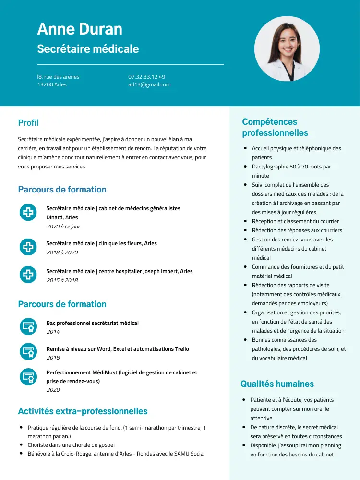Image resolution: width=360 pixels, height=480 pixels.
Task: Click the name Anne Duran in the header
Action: (x=80, y=29)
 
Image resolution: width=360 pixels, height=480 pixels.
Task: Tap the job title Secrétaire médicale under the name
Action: (x=88, y=49)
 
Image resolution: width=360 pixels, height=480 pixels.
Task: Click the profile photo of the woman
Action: (x=287, y=48)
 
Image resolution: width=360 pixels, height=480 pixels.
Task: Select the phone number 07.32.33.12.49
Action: (x=146, y=77)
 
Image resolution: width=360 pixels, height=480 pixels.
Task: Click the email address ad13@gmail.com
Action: (x=149, y=85)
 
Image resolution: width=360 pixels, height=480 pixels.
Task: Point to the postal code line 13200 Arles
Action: (x=52, y=85)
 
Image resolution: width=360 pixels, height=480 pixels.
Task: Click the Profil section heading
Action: (x=28, y=123)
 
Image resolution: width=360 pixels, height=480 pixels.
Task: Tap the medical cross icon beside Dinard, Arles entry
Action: (x=28, y=212)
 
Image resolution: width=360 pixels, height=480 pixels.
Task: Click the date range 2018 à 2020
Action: (x=62, y=252)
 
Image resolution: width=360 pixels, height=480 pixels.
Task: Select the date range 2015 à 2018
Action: (x=62, y=280)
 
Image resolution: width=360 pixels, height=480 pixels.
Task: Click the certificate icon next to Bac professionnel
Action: (x=28, y=326)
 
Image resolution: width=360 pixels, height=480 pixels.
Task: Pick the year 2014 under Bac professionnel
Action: (x=53, y=332)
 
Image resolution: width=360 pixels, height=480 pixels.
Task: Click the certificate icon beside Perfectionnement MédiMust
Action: (x=28, y=376)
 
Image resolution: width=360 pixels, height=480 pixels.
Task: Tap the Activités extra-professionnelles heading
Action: (x=83, y=411)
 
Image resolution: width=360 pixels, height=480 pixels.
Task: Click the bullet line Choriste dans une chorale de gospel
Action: (x=71, y=445)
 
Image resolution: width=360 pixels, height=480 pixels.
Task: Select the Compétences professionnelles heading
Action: (x=275, y=127)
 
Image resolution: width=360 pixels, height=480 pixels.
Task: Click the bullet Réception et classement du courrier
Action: (x=295, y=221)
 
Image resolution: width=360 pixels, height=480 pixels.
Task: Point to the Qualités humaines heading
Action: (x=277, y=384)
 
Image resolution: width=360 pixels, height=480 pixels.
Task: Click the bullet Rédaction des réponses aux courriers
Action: (x=297, y=230)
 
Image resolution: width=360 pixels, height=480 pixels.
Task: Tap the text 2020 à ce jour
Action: (x=63, y=227)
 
